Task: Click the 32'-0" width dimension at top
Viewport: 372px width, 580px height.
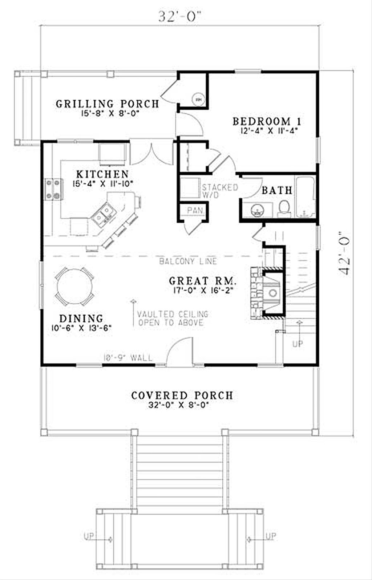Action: point(179,17)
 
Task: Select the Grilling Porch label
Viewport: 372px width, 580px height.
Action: point(108,104)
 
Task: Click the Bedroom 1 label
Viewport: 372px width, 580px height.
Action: point(267,121)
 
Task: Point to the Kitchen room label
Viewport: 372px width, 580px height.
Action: point(102,174)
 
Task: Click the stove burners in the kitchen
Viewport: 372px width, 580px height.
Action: point(52,190)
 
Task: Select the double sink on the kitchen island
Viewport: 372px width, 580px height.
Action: point(103,214)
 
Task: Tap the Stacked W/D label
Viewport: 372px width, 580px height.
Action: point(220,191)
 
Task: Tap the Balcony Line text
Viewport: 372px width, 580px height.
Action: point(188,261)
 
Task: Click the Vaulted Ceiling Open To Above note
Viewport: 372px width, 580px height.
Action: point(173,319)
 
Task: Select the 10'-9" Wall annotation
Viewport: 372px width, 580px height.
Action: point(128,358)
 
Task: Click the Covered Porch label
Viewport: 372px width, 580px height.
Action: point(182,396)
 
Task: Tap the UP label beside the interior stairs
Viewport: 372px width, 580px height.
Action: point(298,344)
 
